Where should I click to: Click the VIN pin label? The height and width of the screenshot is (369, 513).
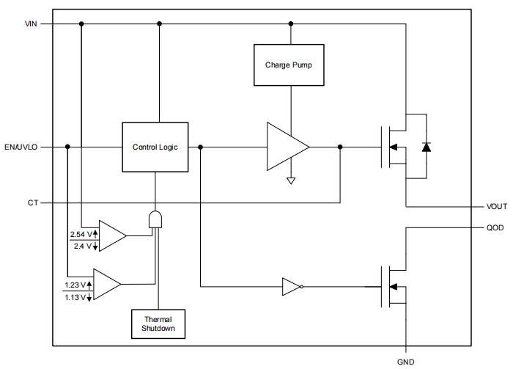click(x=31, y=23)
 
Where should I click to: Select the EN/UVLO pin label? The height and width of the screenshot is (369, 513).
click(x=21, y=147)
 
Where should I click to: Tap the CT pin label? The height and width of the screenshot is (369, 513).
click(x=33, y=202)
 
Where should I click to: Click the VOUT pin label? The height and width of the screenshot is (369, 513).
click(x=496, y=207)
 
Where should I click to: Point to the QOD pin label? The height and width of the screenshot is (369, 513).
click(x=495, y=227)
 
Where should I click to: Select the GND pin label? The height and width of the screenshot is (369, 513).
click(x=405, y=361)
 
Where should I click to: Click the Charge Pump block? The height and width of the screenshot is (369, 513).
click(x=288, y=65)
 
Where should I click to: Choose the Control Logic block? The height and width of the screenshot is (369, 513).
click(x=155, y=147)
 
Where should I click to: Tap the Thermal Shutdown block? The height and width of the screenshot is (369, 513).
click(x=158, y=324)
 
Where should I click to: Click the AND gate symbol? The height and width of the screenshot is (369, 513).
click(x=155, y=219)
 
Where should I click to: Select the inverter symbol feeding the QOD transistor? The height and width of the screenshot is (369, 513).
click(x=292, y=286)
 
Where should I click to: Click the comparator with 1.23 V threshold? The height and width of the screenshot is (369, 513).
click(x=107, y=285)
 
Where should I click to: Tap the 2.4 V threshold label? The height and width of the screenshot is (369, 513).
click(x=82, y=246)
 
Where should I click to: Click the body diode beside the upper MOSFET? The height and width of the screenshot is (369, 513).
click(x=426, y=147)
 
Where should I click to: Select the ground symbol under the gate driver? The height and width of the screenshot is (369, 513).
click(x=291, y=180)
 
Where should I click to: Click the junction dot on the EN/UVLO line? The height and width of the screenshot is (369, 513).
click(x=67, y=147)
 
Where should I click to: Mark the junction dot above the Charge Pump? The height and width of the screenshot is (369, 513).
click(x=291, y=23)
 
